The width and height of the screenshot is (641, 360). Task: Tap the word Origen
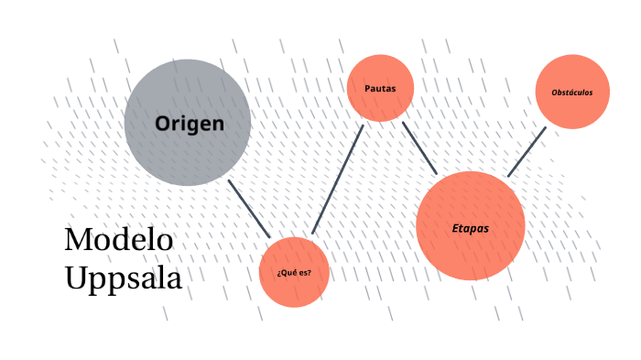click(190, 123)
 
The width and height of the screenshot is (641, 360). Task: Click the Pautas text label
click(380, 88)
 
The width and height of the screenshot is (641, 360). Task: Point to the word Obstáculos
click(572, 93)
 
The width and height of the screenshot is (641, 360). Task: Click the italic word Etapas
click(470, 227)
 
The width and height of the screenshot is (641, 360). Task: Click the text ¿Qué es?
click(294, 273)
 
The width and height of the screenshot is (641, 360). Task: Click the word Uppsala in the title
click(124, 278)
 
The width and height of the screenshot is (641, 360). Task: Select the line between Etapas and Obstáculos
click(527, 151)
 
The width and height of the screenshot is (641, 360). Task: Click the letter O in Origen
click(162, 123)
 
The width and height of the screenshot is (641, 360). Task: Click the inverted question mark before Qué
click(278, 274)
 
